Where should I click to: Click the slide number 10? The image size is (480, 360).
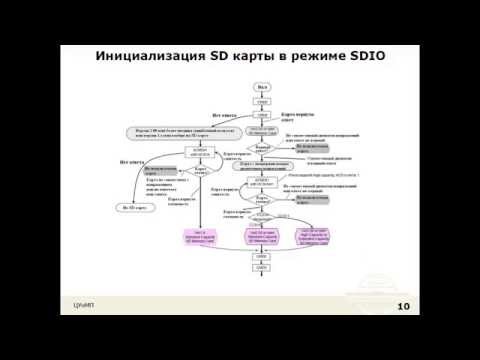pos(403,306)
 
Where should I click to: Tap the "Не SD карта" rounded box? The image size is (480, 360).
pos(134,207)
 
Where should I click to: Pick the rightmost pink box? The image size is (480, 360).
pos(318,236)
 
